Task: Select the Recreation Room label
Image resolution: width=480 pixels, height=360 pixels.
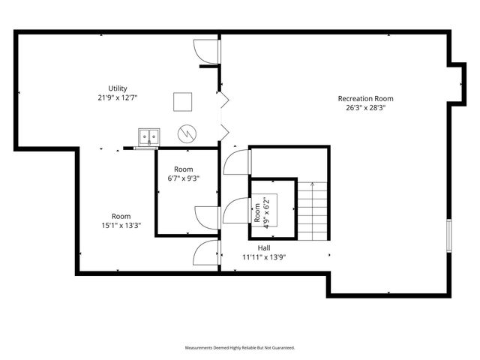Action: [x=365, y=98]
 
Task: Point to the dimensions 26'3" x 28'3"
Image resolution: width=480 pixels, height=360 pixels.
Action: [x=365, y=107]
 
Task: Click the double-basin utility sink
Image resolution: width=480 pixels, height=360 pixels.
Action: [x=149, y=136]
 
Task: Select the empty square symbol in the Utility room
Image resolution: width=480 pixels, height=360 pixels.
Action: [x=182, y=101]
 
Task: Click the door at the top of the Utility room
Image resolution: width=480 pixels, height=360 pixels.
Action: [x=205, y=50]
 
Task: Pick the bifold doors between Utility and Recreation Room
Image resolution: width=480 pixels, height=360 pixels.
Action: [x=222, y=115]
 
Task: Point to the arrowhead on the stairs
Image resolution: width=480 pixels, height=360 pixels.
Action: [x=311, y=183]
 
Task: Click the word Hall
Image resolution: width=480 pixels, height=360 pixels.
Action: [x=264, y=248]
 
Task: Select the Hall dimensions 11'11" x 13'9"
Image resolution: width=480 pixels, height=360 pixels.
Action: [x=264, y=257]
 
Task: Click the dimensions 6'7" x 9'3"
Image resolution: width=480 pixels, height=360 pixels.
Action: [x=184, y=178]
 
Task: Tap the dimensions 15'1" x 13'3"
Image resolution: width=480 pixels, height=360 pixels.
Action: [x=121, y=225]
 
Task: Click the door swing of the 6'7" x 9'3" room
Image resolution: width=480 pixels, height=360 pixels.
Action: [x=206, y=217]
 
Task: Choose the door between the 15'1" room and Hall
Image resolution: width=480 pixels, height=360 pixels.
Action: [x=205, y=253]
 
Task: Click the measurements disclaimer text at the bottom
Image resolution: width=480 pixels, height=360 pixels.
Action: [x=240, y=348]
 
